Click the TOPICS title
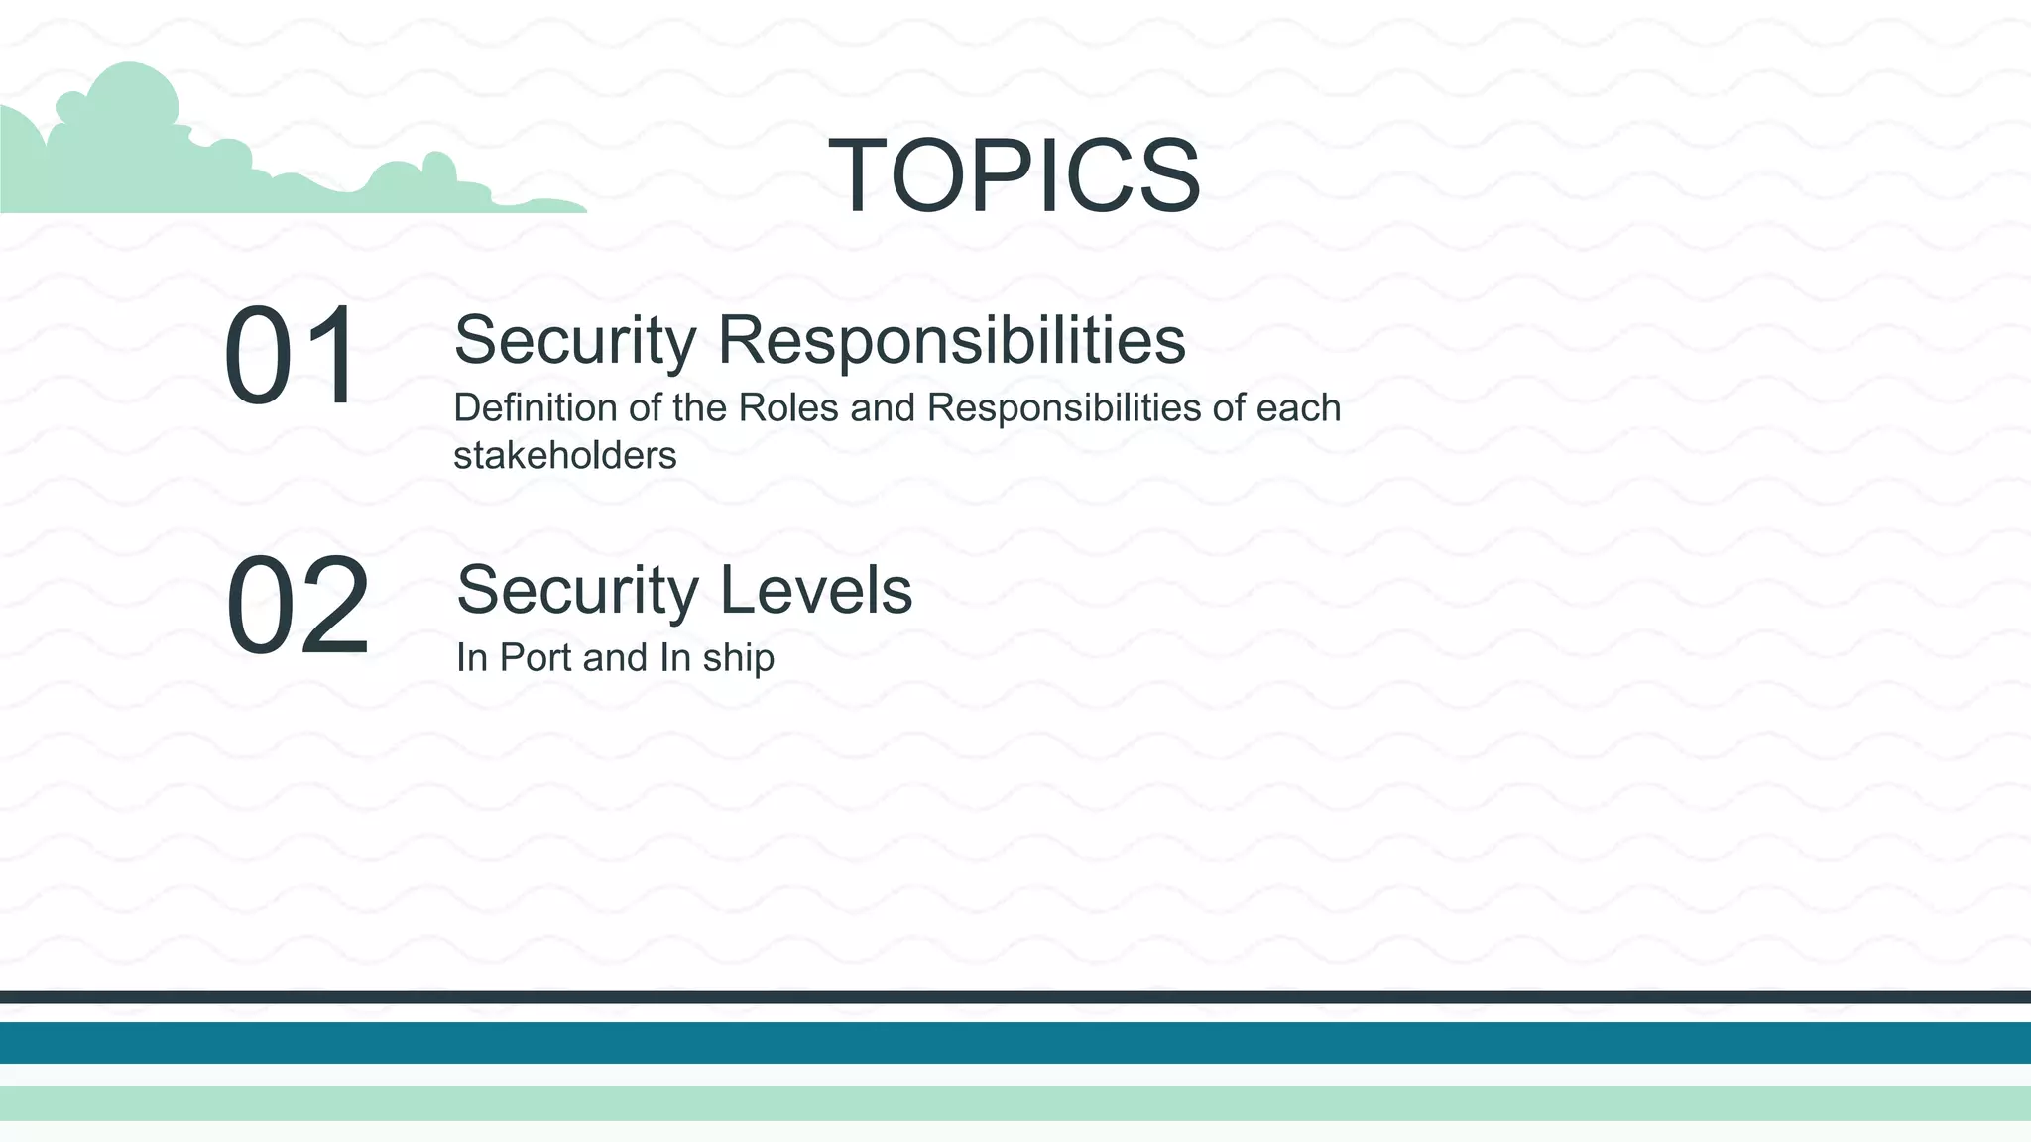[1015, 175]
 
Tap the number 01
[291, 355]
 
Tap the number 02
[298, 605]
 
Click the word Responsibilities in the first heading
[951, 340]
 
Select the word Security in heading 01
[575, 340]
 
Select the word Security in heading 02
[577, 590]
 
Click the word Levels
[815, 590]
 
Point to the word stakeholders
[564, 456]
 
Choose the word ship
[738, 658]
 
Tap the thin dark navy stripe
[1015, 997]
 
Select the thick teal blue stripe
[1015, 1043]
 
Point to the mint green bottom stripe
[1015, 1103]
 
